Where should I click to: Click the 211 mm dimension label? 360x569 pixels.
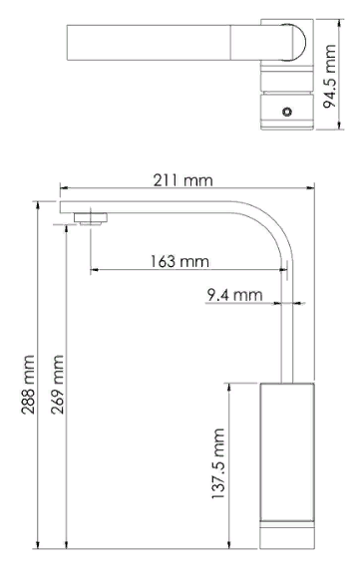tap(182, 180)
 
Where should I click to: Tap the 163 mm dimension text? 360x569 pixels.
tap(180, 261)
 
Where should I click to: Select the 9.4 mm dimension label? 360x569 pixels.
tap(234, 295)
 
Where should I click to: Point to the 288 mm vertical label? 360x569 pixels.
tap(28, 385)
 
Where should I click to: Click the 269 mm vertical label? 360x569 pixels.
tap(58, 385)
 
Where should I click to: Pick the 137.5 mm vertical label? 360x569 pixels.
tap(218, 463)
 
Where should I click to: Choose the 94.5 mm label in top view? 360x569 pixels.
tap(329, 76)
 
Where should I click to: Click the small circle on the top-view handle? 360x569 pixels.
tap(287, 112)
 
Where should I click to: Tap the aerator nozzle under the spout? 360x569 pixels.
tap(91, 219)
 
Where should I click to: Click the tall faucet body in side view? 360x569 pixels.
tap(287, 452)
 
